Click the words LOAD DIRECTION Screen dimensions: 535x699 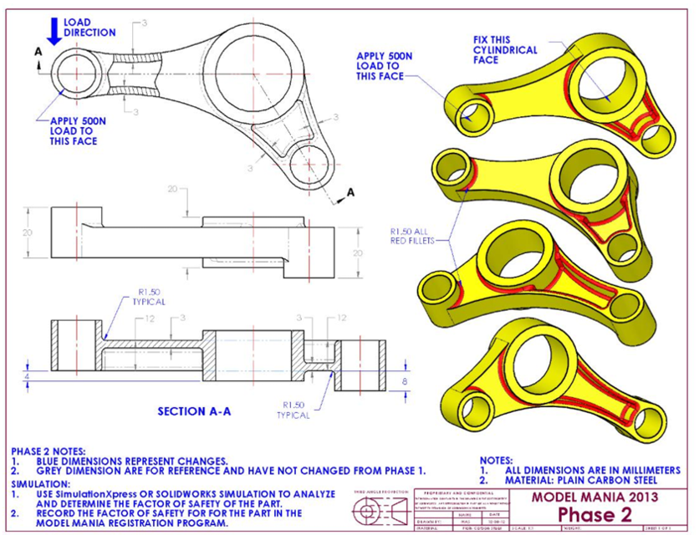90,27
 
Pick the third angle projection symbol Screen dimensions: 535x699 375,512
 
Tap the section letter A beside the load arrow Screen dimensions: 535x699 37,52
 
